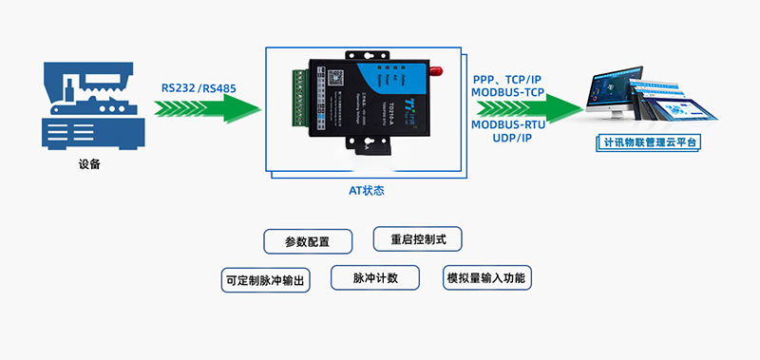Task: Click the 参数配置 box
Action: coord(307,241)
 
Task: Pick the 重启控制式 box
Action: coord(418,237)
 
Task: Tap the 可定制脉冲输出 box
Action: coord(266,280)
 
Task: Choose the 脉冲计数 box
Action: coord(373,278)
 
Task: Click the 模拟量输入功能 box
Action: coord(484,278)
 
